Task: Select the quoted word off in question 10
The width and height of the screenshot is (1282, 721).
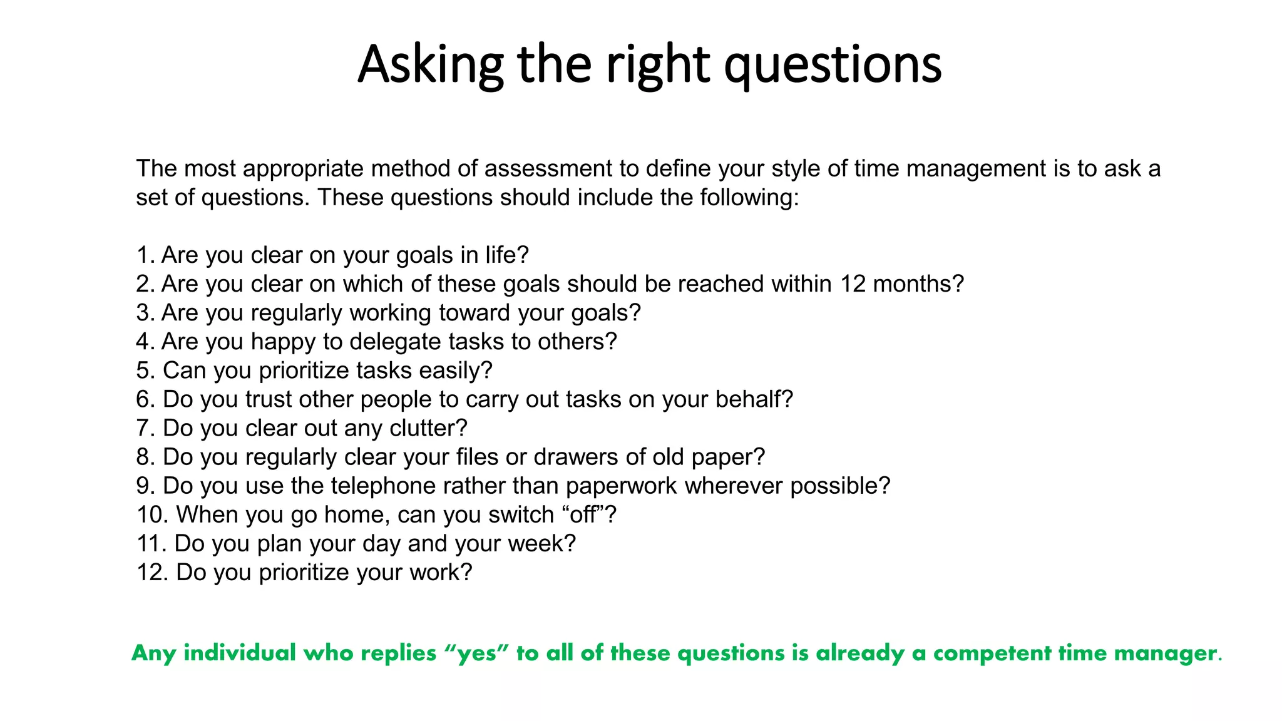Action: click(x=583, y=514)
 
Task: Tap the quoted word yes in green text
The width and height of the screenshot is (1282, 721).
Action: click(x=478, y=653)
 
